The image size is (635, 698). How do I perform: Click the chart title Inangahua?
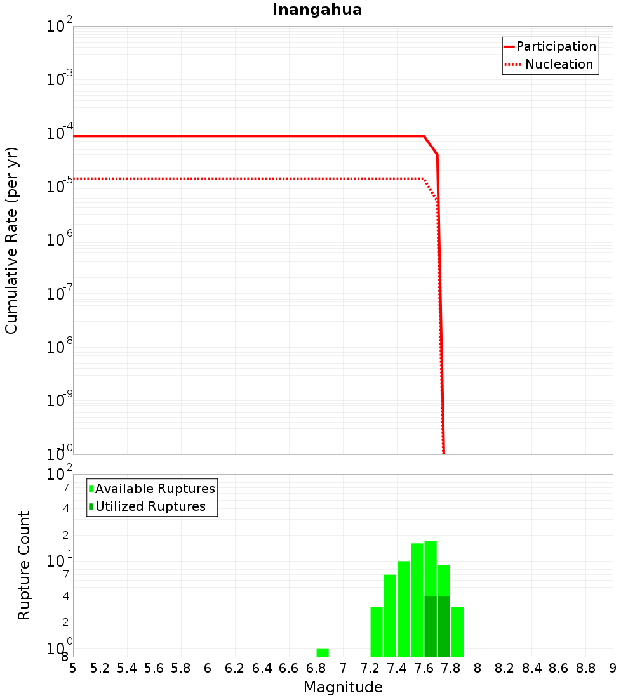pos(317,10)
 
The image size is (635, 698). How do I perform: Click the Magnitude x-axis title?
pos(343,687)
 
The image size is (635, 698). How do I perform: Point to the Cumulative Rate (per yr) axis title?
pos(11,240)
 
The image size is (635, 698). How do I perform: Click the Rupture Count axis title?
pos(24,565)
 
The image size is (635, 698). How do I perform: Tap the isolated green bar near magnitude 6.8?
pos(323,652)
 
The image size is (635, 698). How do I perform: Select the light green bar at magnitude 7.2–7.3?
pos(377,631)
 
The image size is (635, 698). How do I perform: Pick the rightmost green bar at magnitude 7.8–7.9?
pos(457,631)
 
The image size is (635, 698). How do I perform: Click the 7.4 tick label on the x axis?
pos(397,668)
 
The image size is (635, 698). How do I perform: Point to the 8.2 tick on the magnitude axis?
pos(505,668)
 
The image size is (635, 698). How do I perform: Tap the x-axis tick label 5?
pos(73,668)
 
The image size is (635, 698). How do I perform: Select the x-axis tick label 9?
pos(613,668)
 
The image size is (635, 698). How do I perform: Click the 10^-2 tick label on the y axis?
pos(60,27)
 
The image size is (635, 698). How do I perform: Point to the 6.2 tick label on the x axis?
pos(235,668)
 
